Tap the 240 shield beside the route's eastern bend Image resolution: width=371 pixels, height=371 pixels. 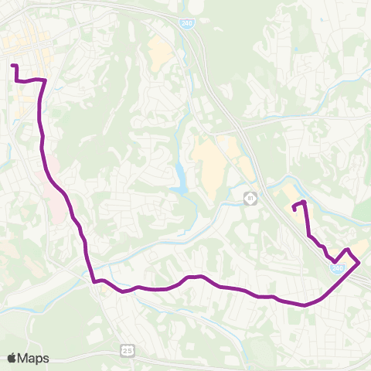click(338, 268)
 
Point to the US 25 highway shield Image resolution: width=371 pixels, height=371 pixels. click(127, 351)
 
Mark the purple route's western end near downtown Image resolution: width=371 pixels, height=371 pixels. click(13, 65)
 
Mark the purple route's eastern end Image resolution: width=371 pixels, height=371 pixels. click(294, 206)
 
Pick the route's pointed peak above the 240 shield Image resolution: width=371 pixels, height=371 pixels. click(349, 250)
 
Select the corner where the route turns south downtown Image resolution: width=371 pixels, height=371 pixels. click(45, 80)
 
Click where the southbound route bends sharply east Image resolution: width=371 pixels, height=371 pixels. click(94, 281)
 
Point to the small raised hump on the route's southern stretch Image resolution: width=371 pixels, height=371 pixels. click(194, 277)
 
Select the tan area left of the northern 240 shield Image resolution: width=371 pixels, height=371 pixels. click(161, 50)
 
